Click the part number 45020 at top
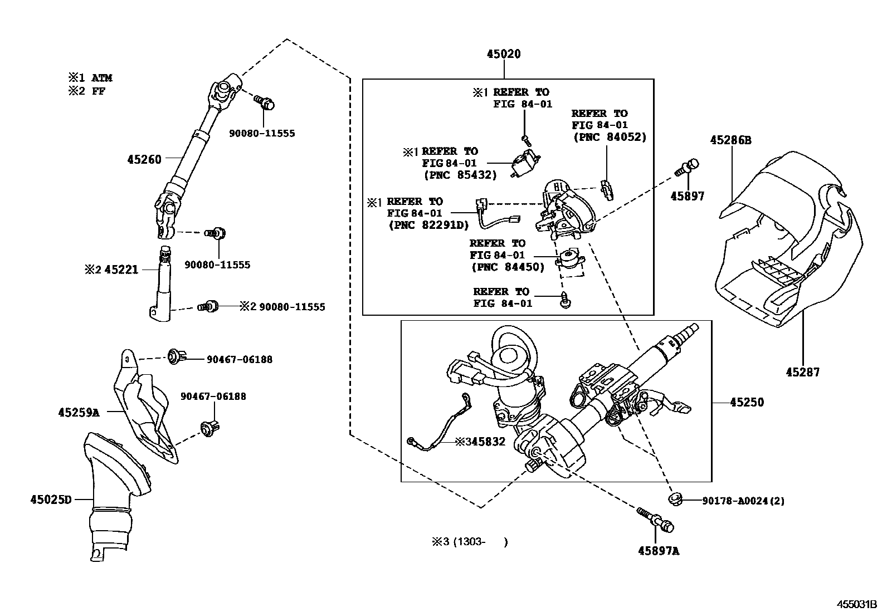pyautogui.click(x=503, y=54)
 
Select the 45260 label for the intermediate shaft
pyautogui.click(x=144, y=159)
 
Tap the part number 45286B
pyautogui.click(x=730, y=140)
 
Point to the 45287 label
pyautogui.click(x=803, y=372)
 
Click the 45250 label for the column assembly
pyautogui.click(x=747, y=402)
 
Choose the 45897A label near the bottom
pyautogui.click(x=659, y=551)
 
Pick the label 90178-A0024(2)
pyautogui.click(x=743, y=501)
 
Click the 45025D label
pyautogui.click(x=51, y=500)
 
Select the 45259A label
pyautogui.click(x=79, y=413)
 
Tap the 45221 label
pyautogui.click(x=121, y=270)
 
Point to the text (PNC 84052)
pyautogui.click(x=610, y=137)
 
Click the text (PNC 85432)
pyautogui.click(x=460, y=175)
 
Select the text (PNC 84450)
pyautogui.click(x=508, y=267)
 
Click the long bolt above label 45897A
pyautogui.click(x=655, y=520)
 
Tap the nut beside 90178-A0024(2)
pyautogui.click(x=675, y=499)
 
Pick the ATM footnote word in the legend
pyautogui.click(x=102, y=78)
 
